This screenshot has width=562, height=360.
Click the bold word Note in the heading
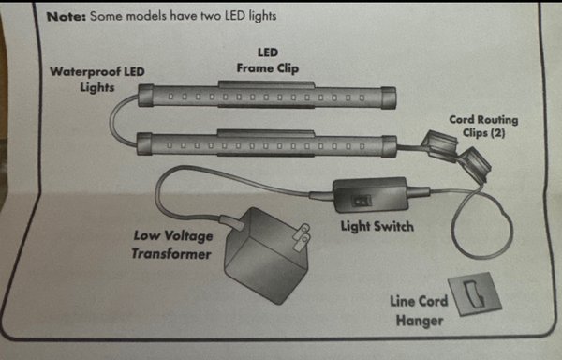[x=67, y=17]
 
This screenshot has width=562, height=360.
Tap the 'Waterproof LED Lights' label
[x=97, y=80]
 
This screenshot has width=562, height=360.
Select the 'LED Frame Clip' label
[x=268, y=61]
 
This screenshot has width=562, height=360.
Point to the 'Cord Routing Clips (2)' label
[x=483, y=127]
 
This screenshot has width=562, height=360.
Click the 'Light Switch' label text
[x=377, y=226]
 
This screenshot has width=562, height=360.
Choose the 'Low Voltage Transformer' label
[x=172, y=245]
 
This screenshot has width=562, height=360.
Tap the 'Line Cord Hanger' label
[x=419, y=310]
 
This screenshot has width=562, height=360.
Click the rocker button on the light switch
[x=361, y=202]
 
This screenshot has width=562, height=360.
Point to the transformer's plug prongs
[x=301, y=237]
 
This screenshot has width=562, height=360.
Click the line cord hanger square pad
[x=475, y=294]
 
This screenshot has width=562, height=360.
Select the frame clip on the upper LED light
[x=266, y=85]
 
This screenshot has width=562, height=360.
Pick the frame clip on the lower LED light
[x=266, y=133]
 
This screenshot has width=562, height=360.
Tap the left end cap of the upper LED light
[x=146, y=96]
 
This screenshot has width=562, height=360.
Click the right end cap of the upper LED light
[x=389, y=97]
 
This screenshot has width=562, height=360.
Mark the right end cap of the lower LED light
[x=390, y=146]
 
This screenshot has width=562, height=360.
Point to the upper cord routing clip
[x=440, y=146]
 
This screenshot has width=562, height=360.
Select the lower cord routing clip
[x=475, y=165]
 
